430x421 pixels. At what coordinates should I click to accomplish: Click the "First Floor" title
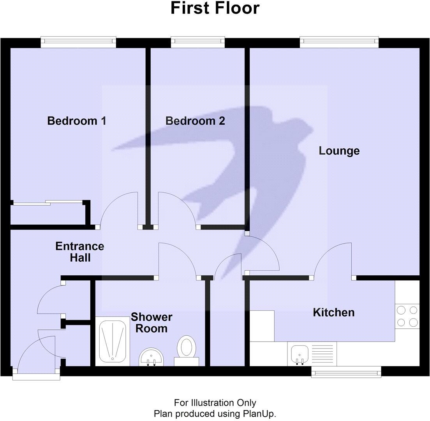(x=215, y=9)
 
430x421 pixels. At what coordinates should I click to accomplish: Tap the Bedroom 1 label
(x=77, y=121)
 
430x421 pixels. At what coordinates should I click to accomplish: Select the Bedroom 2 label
(x=195, y=121)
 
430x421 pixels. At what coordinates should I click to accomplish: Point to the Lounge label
(x=339, y=151)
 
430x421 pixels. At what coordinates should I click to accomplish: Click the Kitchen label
(x=333, y=312)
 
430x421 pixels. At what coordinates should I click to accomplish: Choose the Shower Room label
(x=151, y=322)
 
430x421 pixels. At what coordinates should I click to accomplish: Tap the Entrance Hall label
(x=80, y=252)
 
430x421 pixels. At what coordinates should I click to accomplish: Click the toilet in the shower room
(x=187, y=348)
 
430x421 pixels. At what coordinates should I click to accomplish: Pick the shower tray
(x=113, y=340)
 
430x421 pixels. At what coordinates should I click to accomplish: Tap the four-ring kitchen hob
(x=407, y=316)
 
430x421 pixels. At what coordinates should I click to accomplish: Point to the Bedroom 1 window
(x=78, y=42)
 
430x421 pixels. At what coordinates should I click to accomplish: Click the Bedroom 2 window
(x=197, y=42)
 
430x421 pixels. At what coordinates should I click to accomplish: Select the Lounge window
(x=339, y=42)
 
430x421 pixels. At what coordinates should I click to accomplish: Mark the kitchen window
(x=346, y=372)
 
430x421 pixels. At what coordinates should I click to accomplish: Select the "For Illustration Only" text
(x=215, y=403)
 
